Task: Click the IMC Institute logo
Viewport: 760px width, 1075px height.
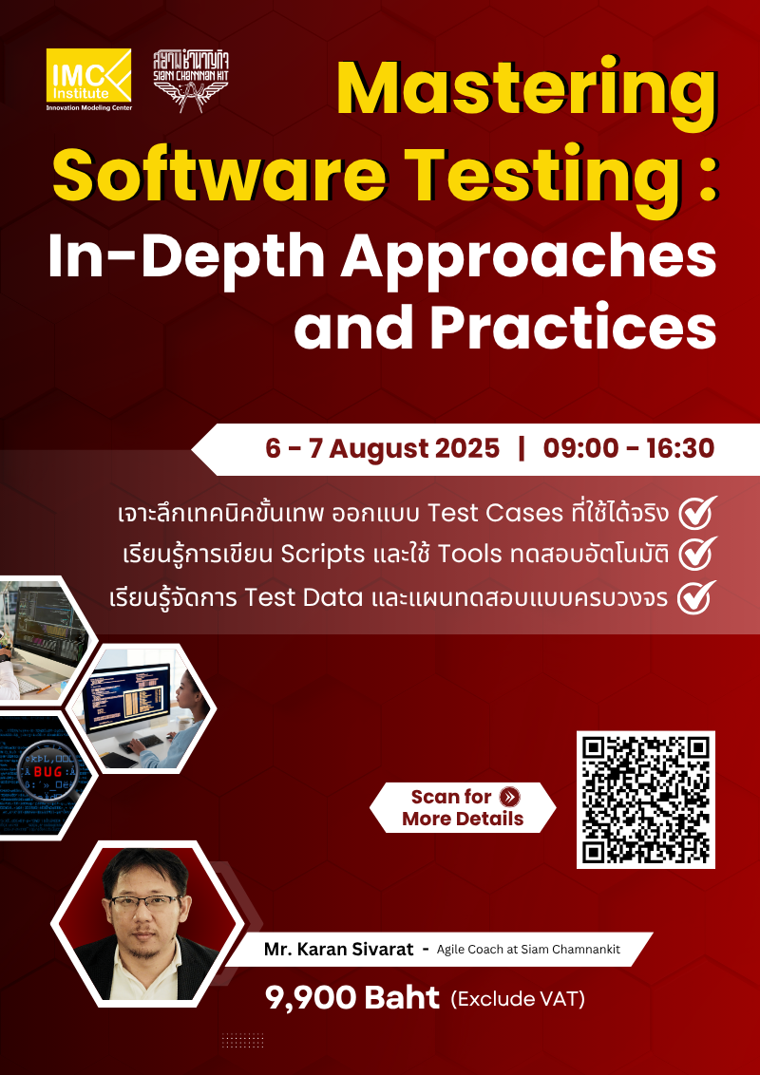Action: pos(88,79)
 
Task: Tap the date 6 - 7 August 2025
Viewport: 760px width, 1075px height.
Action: pos(383,448)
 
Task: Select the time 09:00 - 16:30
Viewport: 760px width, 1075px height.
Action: pos(628,448)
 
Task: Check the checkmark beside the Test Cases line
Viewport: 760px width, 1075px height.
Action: pos(698,513)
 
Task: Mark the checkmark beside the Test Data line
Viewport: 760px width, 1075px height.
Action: pos(698,598)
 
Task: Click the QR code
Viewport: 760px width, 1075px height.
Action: pos(646,800)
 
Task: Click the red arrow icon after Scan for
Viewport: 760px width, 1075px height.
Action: pos(510,797)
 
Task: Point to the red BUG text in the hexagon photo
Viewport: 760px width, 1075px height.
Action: pos(47,772)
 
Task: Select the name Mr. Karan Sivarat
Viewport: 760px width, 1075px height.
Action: pos(338,949)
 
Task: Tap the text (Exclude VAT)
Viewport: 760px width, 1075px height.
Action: pos(518,999)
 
